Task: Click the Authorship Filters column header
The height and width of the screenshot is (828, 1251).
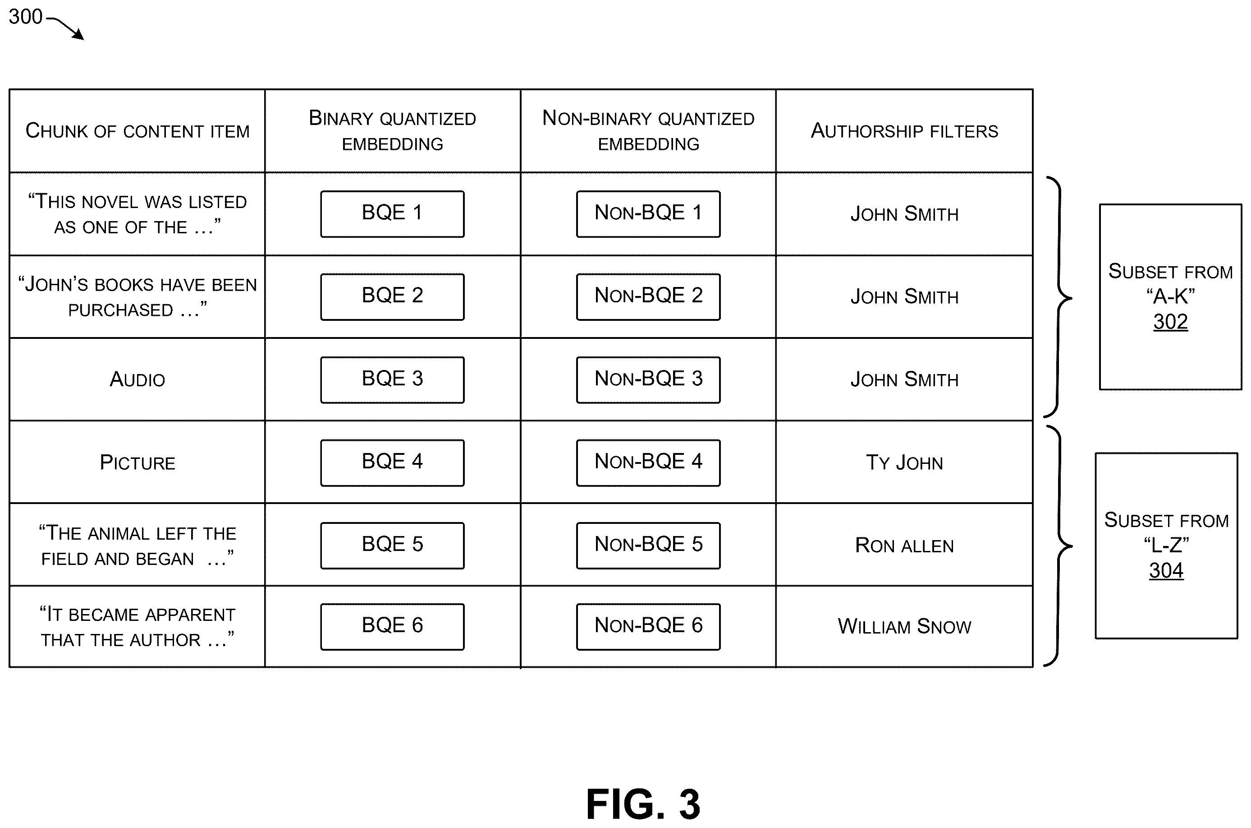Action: [x=904, y=130]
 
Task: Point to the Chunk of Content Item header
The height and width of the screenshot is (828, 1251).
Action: [x=137, y=131]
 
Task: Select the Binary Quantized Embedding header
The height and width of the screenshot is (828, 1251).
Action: [x=392, y=130]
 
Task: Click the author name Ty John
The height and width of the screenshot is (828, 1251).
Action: [x=904, y=463]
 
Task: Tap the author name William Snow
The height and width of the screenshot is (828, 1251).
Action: [x=904, y=626]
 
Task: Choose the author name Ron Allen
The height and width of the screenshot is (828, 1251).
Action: [x=904, y=546]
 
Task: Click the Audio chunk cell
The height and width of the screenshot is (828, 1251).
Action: [x=137, y=379]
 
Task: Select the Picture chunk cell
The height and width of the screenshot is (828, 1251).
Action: [x=137, y=463]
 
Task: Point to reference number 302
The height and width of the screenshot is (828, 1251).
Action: [x=1170, y=322]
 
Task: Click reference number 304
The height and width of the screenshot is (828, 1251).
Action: [x=1166, y=570]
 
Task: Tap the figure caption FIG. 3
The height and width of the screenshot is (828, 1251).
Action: [x=643, y=804]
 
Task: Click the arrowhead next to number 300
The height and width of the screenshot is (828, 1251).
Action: [x=79, y=35]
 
